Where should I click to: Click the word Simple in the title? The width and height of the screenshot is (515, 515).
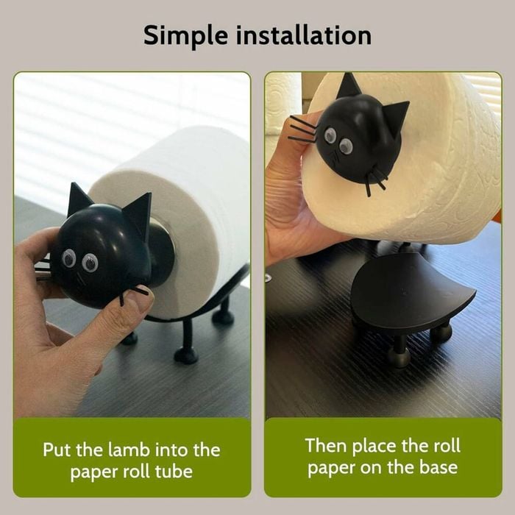[185, 36]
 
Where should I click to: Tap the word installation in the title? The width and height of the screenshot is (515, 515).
[304, 35]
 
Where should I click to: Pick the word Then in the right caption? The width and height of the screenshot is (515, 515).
[326, 446]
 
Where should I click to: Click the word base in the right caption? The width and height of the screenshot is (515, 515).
[438, 467]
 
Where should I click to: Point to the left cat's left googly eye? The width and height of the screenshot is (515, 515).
[69, 257]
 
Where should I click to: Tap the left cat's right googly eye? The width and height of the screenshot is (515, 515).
[90, 263]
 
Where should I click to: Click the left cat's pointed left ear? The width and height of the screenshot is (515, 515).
[78, 199]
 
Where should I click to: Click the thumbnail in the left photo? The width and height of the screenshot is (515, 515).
[141, 301]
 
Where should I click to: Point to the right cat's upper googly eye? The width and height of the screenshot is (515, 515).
[330, 135]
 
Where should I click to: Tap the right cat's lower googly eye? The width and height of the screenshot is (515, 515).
[346, 146]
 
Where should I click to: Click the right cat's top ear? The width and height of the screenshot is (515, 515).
[349, 86]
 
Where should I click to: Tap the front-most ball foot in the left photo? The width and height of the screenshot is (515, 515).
[186, 355]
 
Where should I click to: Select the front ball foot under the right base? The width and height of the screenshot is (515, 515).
[399, 356]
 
